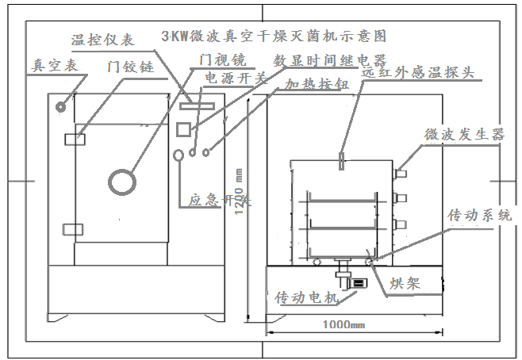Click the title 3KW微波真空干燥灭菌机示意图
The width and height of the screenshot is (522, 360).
(274, 36)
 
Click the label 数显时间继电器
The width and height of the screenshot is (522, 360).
(328, 59)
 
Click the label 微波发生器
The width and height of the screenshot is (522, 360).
(465, 135)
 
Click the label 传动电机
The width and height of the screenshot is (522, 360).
(306, 297)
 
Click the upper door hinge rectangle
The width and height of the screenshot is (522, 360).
(74, 139)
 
